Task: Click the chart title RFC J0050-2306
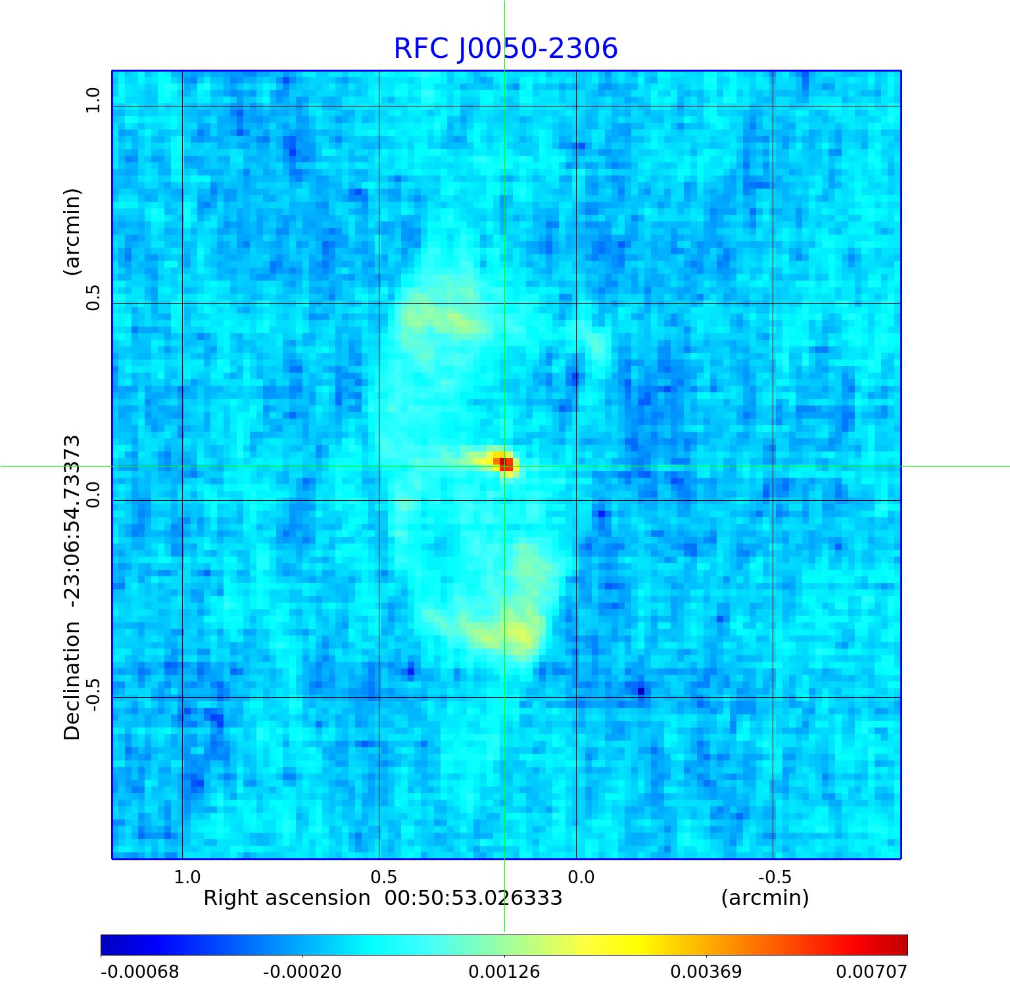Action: (505, 49)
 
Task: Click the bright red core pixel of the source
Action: (505, 464)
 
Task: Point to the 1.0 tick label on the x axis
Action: (187, 877)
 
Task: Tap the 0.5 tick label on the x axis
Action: (384, 877)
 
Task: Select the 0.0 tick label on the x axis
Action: (581, 877)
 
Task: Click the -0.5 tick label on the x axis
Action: (775, 877)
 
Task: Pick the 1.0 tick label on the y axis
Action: (92, 101)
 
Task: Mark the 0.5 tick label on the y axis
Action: (92, 298)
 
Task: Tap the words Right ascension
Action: (287, 898)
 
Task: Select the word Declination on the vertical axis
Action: (72, 681)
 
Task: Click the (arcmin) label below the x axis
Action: (765, 898)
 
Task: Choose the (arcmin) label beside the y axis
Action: (72, 231)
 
